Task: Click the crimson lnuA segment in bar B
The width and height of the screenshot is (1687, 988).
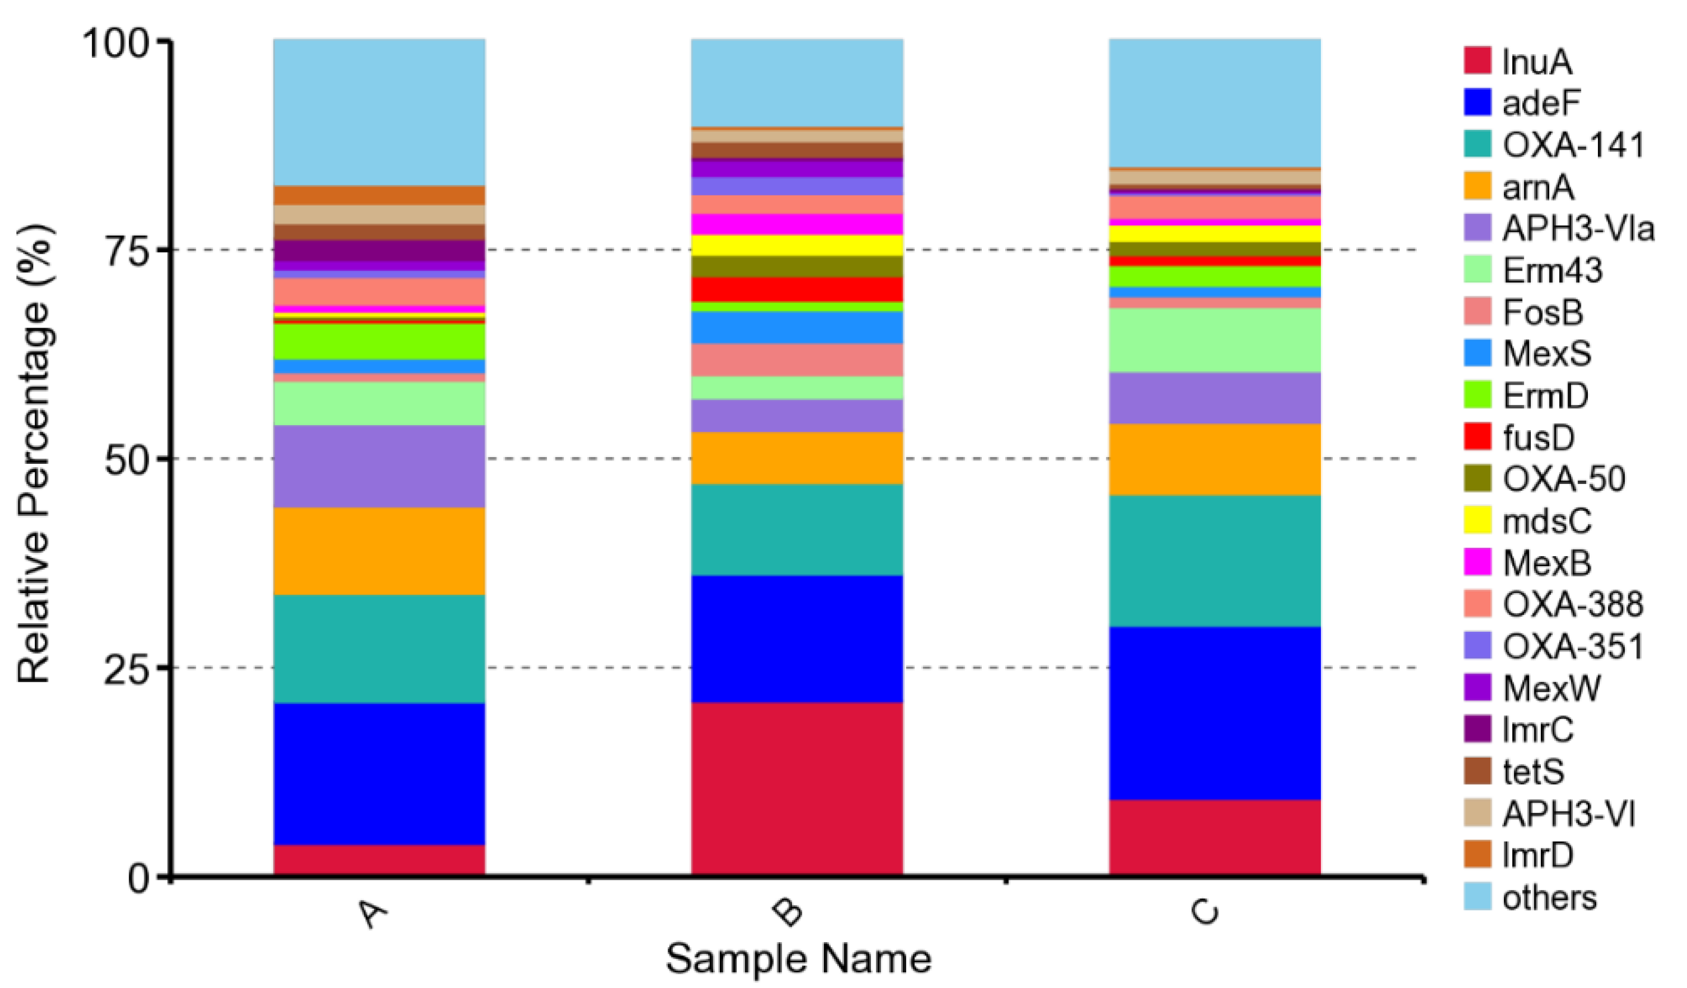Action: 796,789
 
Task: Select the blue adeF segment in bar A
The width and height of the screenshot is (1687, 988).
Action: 379,773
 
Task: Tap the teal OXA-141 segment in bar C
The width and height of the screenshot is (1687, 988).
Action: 1215,561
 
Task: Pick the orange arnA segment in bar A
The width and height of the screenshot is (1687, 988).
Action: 379,551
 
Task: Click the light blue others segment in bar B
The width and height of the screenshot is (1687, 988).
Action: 796,82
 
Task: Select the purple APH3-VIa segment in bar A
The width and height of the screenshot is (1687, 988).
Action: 379,466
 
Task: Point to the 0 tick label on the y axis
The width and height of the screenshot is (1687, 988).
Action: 142,878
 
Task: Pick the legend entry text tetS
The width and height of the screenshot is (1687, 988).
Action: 1534,772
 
